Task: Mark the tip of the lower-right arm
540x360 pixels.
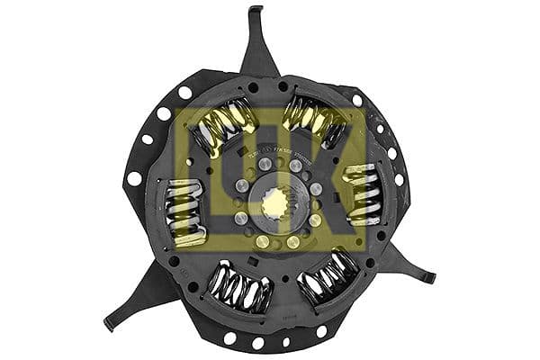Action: (430, 280)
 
